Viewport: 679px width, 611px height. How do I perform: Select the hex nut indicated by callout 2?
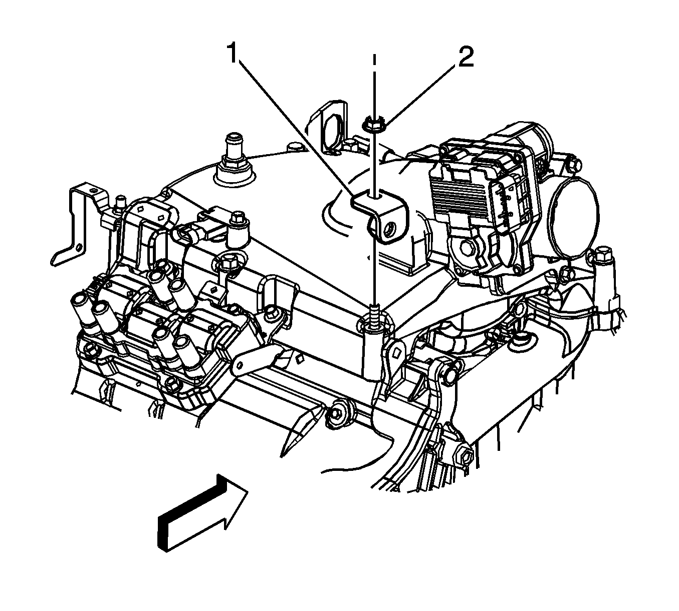coord(373,125)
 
